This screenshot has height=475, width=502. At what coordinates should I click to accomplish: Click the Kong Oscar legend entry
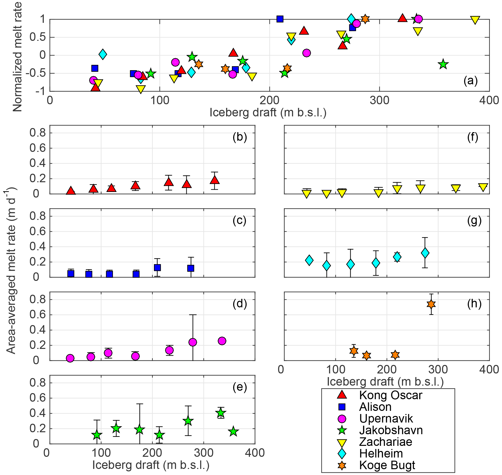[391, 396]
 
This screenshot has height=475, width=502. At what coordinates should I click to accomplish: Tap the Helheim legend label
[381, 454]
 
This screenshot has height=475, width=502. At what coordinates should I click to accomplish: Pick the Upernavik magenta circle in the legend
[342, 419]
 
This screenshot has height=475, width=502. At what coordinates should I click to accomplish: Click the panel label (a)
[470, 80]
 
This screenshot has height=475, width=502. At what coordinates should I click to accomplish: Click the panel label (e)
[240, 387]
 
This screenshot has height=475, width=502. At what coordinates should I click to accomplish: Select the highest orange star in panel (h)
[431, 304]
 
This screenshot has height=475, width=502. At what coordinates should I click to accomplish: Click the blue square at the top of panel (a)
[280, 19]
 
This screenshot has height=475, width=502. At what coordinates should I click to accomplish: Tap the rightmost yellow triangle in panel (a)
[475, 20]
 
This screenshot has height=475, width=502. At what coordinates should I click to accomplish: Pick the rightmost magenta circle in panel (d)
[222, 341]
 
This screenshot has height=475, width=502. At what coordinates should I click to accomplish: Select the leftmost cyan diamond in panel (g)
[309, 260]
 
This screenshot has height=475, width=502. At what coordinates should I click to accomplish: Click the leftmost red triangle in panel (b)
[71, 191]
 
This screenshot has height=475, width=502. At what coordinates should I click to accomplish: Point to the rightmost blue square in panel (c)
[191, 268]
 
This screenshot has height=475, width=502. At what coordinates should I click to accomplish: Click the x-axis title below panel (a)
[268, 112]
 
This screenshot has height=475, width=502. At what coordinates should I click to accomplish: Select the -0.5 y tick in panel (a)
[38, 73]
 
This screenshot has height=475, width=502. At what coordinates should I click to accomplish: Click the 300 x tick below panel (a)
[379, 101]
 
